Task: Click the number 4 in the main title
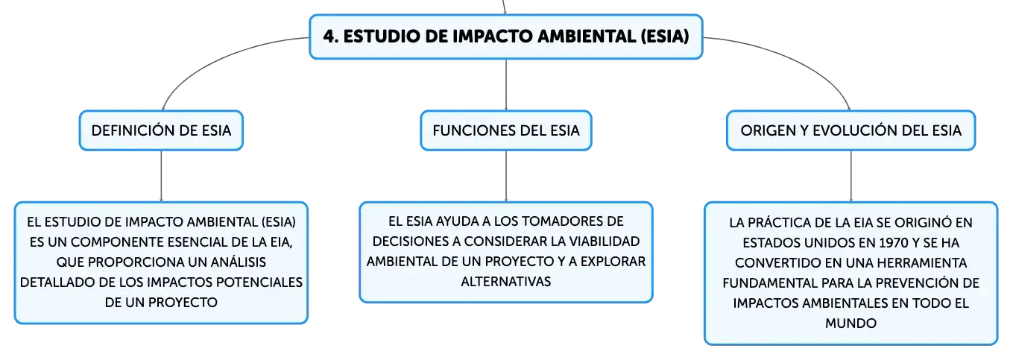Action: click(x=330, y=37)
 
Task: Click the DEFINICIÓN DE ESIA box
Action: click(x=162, y=130)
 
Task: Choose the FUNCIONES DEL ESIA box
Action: click(x=506, y=130)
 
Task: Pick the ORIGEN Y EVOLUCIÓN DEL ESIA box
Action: click(x=851, y=130)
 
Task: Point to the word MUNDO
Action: click(x=851, y=323)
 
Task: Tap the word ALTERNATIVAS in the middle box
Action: click(x=506, y=282)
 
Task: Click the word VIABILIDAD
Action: click(x=605, y=241)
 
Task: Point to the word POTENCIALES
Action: click(x=259, y=282)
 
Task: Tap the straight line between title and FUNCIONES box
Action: click(x=506, y=84)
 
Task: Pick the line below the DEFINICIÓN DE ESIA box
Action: click(x=162, y=176)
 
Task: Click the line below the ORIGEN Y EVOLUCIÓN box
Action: click(x=851, y=176)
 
